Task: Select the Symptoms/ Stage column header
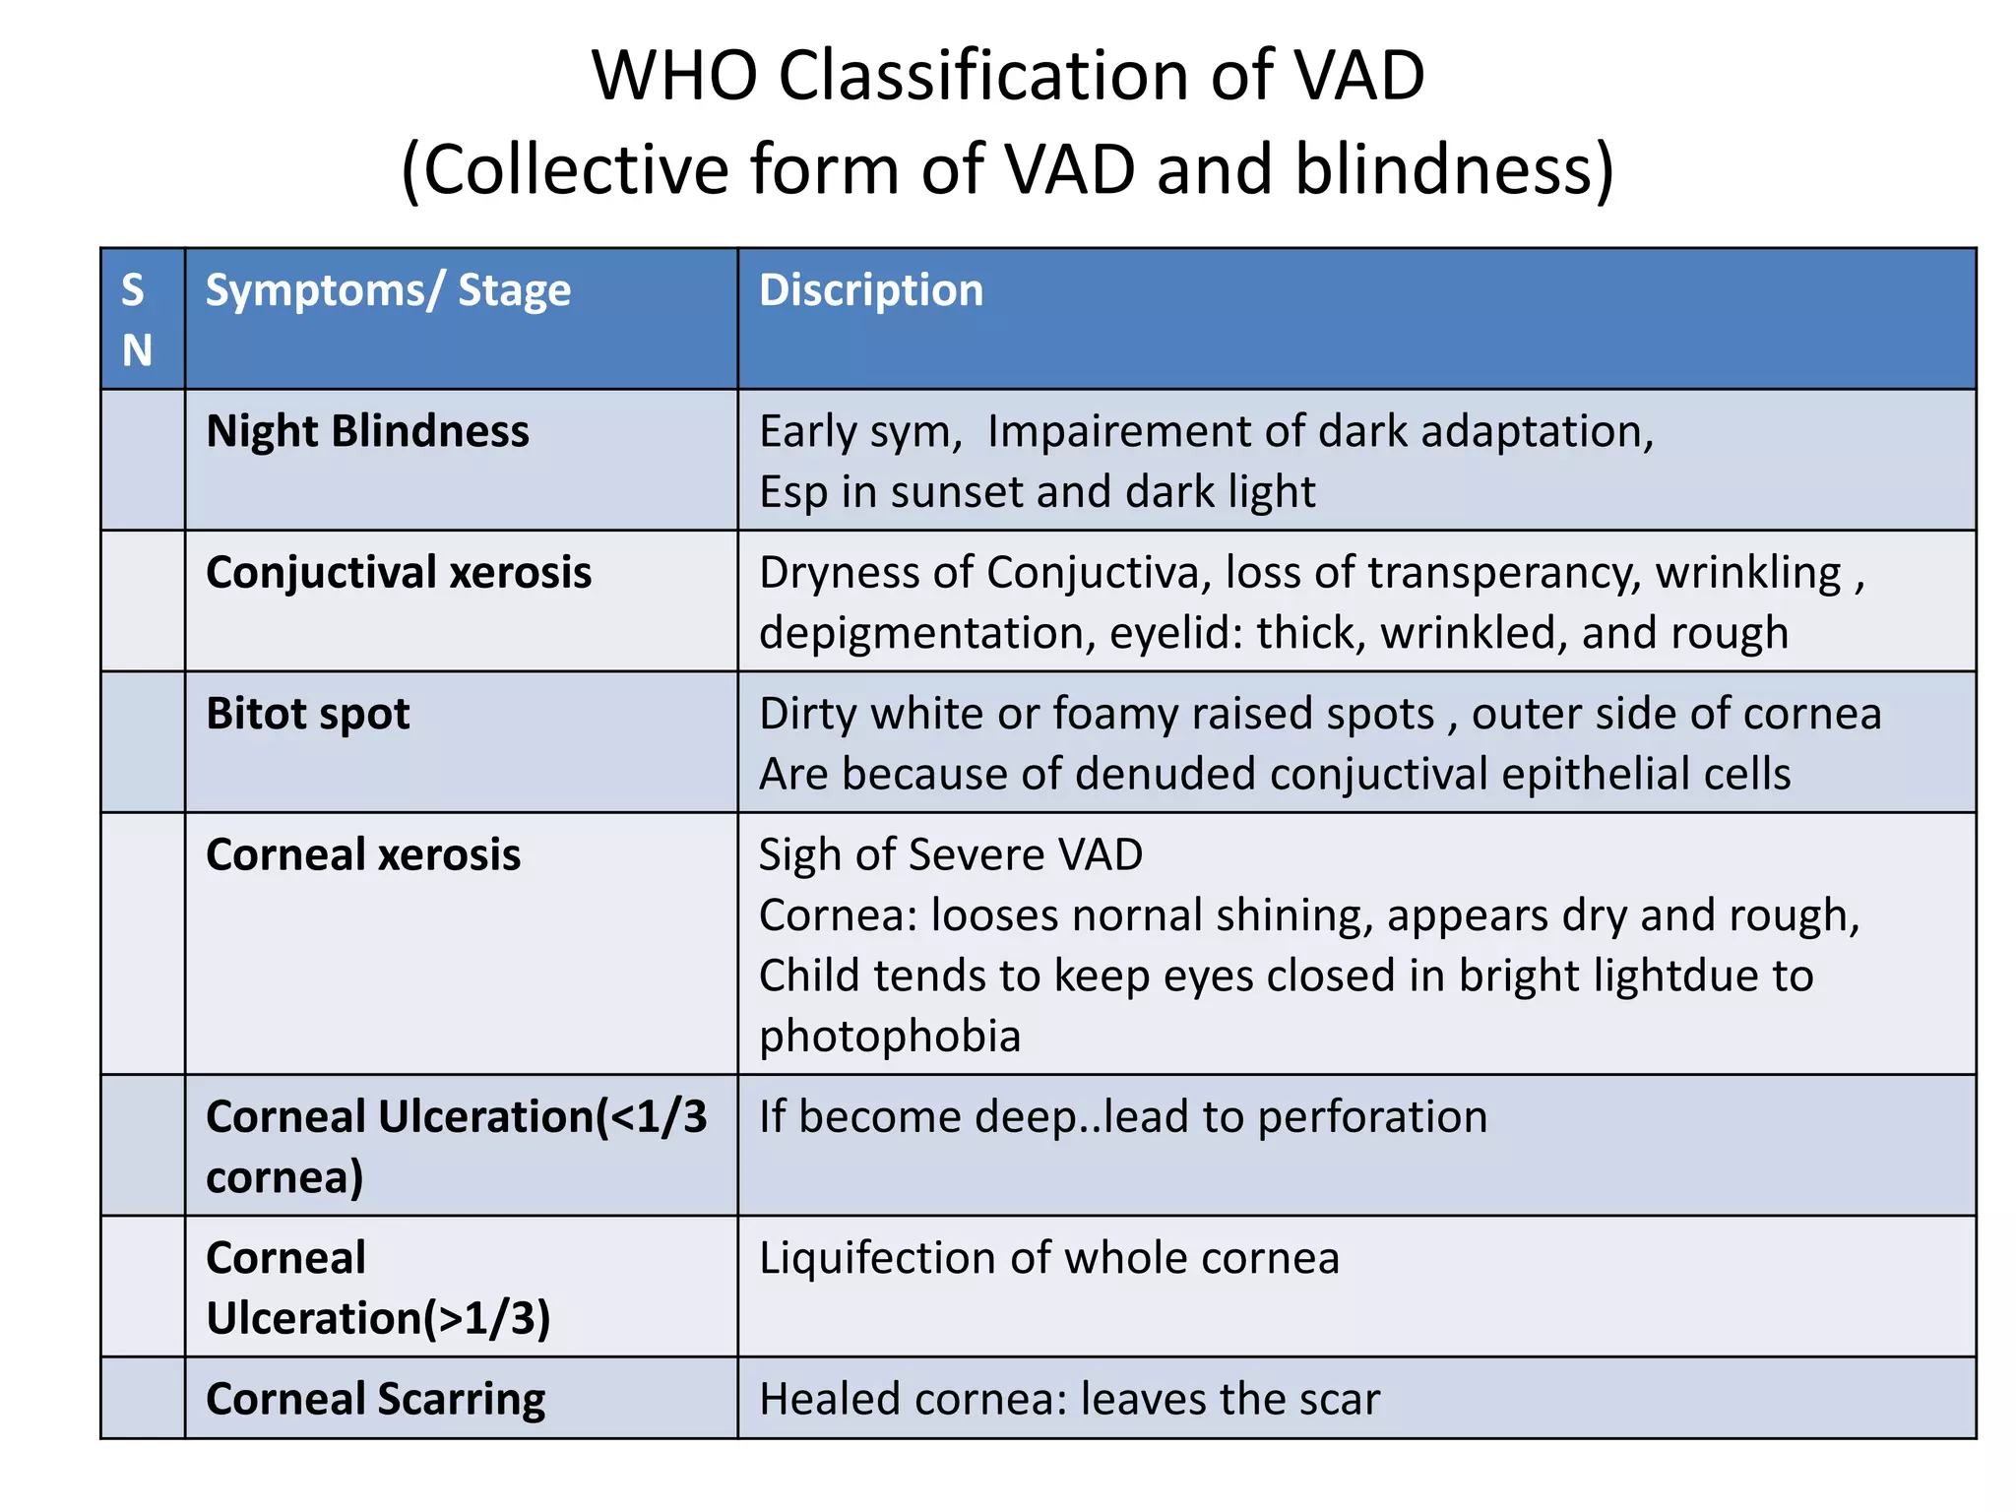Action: (388, 291)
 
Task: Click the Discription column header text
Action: (871, 291)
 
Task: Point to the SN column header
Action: (137, 320)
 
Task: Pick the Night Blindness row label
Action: (367, 432)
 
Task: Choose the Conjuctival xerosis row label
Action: (399, 573)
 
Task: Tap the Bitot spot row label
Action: (308, 714)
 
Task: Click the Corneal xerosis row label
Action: (363, 854)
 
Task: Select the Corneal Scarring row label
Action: (376, 1400)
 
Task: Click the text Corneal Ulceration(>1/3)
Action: (378, 1288)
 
